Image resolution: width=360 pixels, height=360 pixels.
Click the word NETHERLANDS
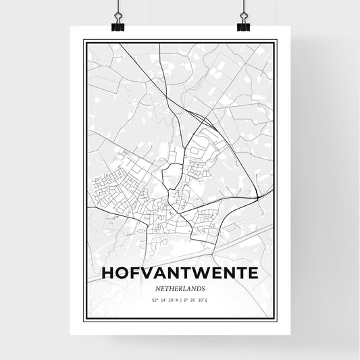pos(180,287)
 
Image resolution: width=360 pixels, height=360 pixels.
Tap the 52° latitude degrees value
pos(155,299)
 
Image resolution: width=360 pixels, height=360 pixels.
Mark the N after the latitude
pos(177,299)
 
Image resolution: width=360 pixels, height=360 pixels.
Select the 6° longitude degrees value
pos(186,299)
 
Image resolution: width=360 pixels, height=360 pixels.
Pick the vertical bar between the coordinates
pos(181,299)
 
